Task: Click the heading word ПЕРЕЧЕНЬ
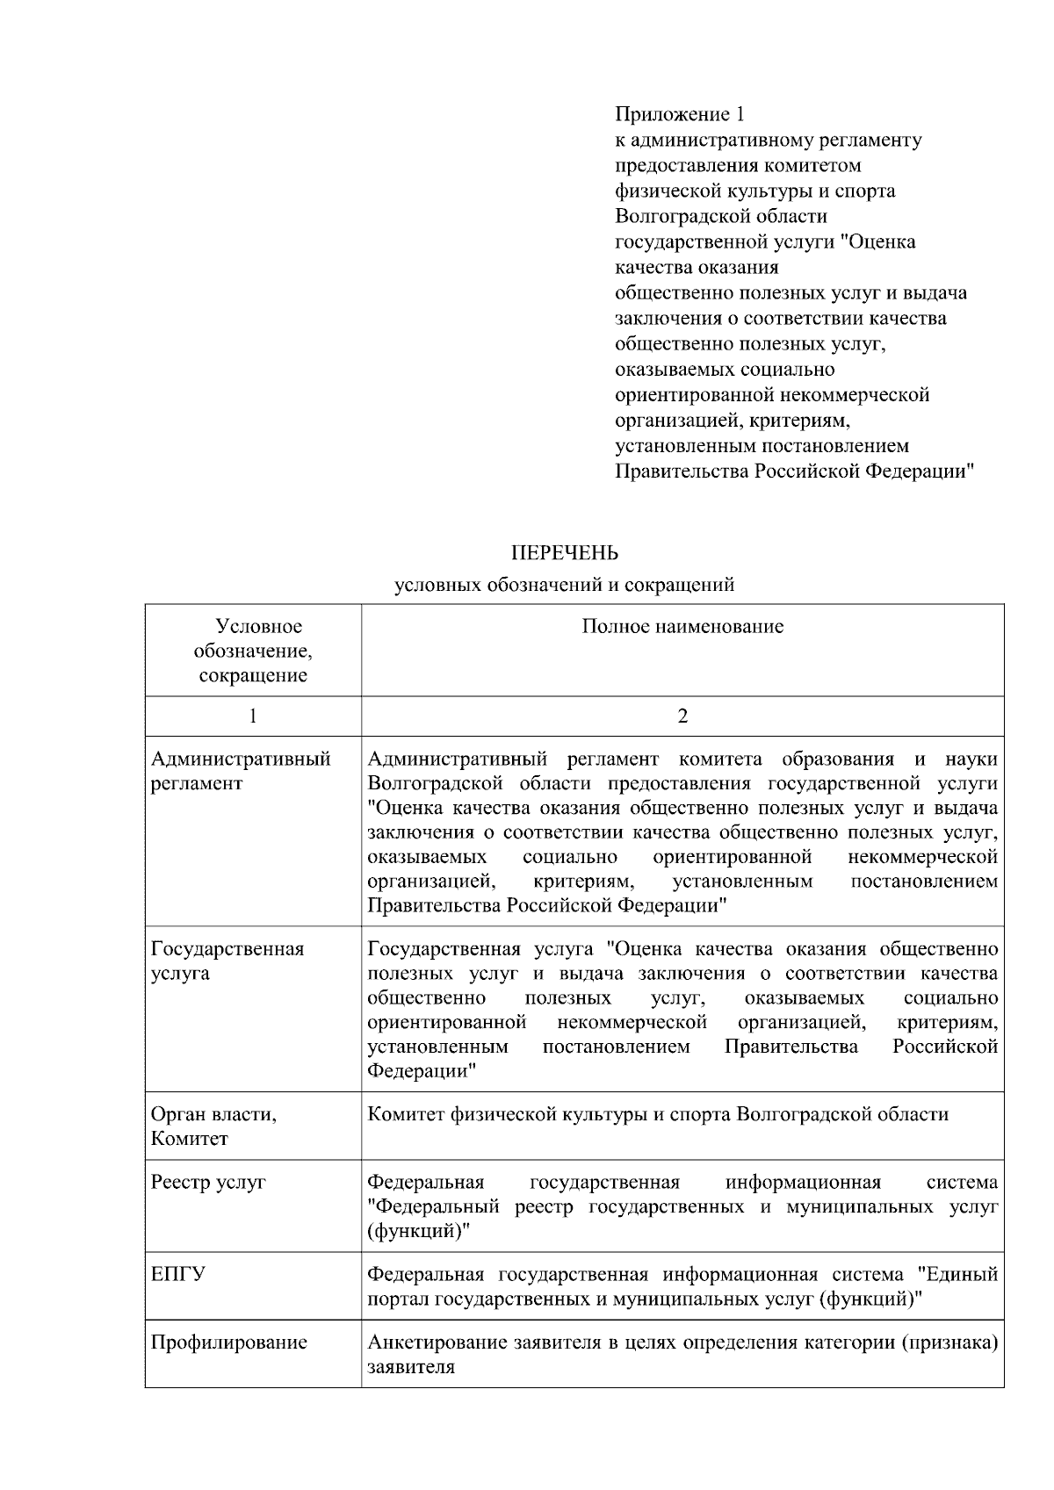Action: coord(565,553)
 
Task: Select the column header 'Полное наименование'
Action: coord(682,626)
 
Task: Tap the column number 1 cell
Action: coord(253,716)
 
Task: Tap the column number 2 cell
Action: coord(682,716)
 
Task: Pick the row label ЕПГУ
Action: coord(178,1274)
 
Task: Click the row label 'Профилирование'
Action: coord(229,1342)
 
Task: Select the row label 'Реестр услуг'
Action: coord(208,1182)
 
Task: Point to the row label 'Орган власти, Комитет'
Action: coord(213,1126)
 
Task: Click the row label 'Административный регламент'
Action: coord(241,771)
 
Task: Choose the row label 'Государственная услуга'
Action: coord(227,961)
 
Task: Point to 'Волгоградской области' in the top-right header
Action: coord(720,216)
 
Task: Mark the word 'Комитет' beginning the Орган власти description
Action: coord(405,1114)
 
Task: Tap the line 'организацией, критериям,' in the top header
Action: coord(733,420)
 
